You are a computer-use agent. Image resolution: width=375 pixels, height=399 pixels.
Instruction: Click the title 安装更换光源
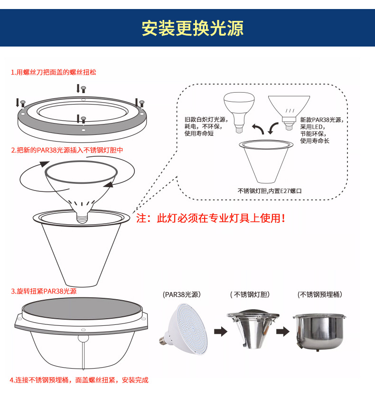192,28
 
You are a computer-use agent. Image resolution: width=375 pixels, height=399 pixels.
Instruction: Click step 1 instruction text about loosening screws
56,73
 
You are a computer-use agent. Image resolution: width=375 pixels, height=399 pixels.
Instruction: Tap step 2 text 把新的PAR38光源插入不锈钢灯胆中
67,150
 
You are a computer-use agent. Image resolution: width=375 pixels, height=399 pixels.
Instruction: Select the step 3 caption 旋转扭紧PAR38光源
44,291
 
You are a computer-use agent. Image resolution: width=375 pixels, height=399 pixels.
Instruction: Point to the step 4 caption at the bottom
79,380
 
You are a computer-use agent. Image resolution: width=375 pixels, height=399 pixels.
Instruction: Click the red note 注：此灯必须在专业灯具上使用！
211,218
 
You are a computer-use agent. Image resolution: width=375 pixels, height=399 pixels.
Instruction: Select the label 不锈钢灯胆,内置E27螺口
270,191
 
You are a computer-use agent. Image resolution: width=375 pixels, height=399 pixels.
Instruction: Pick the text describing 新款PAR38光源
321,131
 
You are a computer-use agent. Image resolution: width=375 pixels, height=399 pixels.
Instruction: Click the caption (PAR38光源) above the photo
181,294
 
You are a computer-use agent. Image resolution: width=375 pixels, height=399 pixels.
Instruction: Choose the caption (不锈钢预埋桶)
320,294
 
